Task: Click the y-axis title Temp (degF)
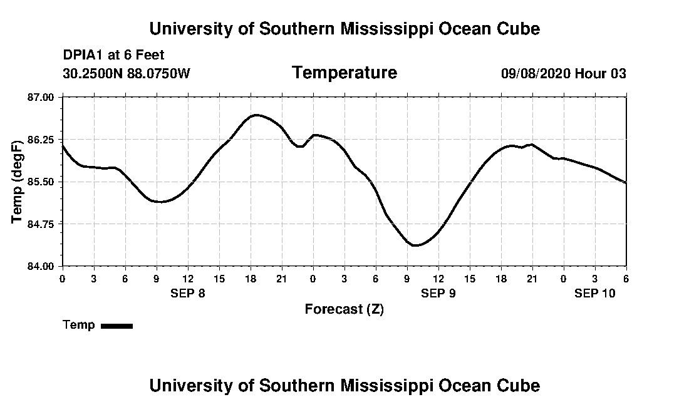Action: [x=18, y=182]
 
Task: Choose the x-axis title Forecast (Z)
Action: [x=344, y=309]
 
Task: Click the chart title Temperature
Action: [x=344, y=73]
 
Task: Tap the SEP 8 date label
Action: [x=188, y=293]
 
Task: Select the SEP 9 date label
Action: [x=438, y=293]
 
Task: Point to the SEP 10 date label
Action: [x=595, y=293]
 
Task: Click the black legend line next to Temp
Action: [x=117, y=326]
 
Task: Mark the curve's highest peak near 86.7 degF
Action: [x=255, y=115]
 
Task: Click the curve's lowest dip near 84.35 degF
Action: [x=415, y=245]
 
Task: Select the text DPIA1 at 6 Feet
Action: [x=113, y=55]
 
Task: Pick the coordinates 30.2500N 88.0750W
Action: [x=126, y=73]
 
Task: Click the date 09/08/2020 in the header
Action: [x=535, y=73]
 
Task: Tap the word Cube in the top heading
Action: [x=517, y=29]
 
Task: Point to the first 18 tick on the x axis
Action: [x=251, y=279]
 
